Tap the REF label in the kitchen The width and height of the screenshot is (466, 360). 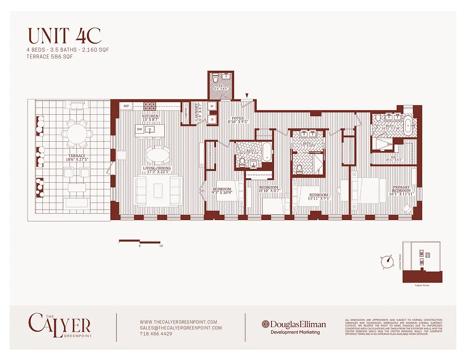pyautogui.click(x=126, y=107)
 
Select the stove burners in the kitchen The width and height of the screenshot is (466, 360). pyautogui.click(x=149, y=106)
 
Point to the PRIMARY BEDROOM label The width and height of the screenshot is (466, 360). pyautogui.click(x=401, y=191)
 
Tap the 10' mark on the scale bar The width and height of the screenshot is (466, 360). pyautogui.click(x=161, y=246)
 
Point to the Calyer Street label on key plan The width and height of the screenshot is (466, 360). pyautogui.click(x=422, y=285)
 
